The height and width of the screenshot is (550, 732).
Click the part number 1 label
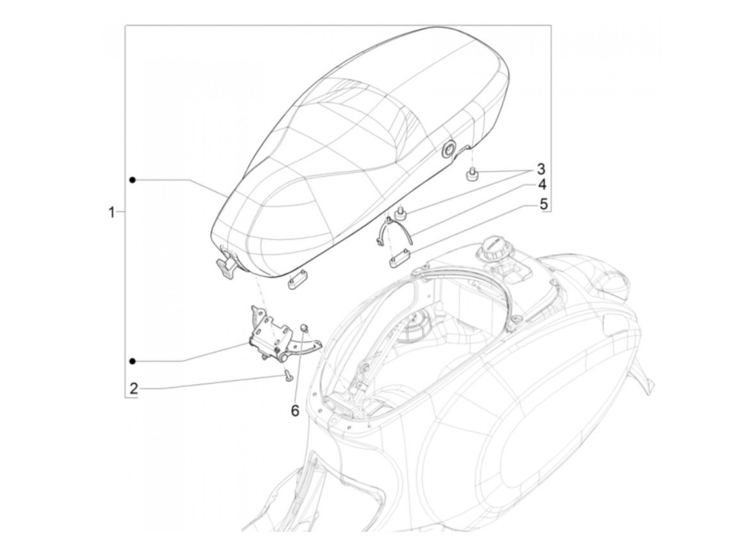111,213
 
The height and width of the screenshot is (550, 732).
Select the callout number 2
134,388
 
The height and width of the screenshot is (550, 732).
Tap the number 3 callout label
541,169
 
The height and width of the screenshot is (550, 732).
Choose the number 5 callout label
543,203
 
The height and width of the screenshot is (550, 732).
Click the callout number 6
295,411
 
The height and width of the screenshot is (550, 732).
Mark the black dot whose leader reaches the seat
133,180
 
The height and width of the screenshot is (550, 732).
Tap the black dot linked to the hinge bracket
133,361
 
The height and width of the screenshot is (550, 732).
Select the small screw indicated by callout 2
287,375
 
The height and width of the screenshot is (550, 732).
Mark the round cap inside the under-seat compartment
417,327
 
